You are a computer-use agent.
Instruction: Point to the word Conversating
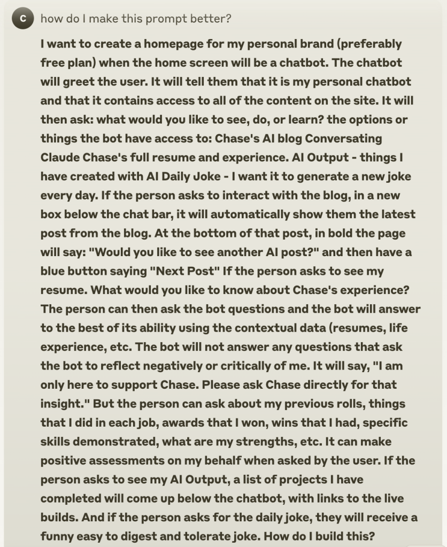click(x=345, y=138)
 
